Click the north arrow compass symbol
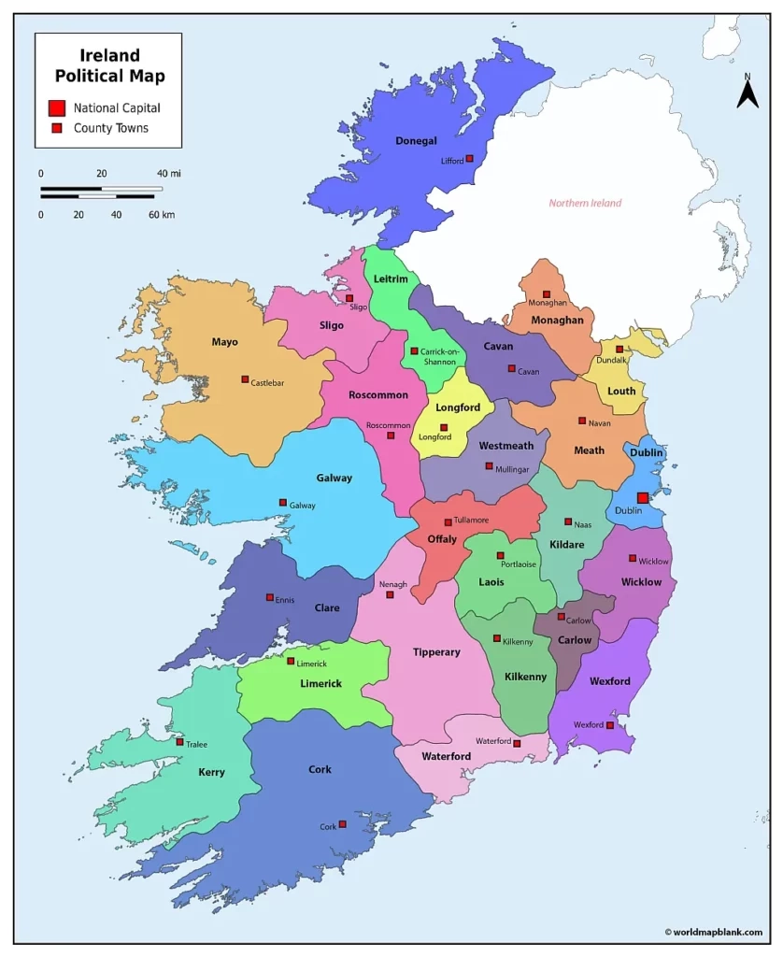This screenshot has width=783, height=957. (747, 93)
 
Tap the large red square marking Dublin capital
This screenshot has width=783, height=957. (643, 498)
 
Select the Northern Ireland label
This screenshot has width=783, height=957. (585, 203)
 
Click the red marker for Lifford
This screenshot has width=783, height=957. (470, 159)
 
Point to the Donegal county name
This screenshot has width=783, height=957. (416, 141)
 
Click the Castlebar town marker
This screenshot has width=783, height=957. (245, 379)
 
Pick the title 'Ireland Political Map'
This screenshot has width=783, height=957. (109, 65)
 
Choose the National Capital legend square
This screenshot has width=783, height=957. (57, 107)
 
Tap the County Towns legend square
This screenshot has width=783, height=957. (57, 128)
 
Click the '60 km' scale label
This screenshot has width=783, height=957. (162, 215)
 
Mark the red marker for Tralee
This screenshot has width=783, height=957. (179, 742)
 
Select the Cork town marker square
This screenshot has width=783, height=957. (343, 824)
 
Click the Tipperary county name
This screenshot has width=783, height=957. (436, 652)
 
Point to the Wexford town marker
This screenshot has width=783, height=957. (610, 725)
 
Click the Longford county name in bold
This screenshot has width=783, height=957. (458, 407)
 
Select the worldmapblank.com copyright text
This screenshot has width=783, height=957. (713, 932)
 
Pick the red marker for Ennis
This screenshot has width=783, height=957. (270, 597)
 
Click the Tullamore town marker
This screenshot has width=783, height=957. (448, 522)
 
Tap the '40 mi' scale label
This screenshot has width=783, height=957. (168, 174)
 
